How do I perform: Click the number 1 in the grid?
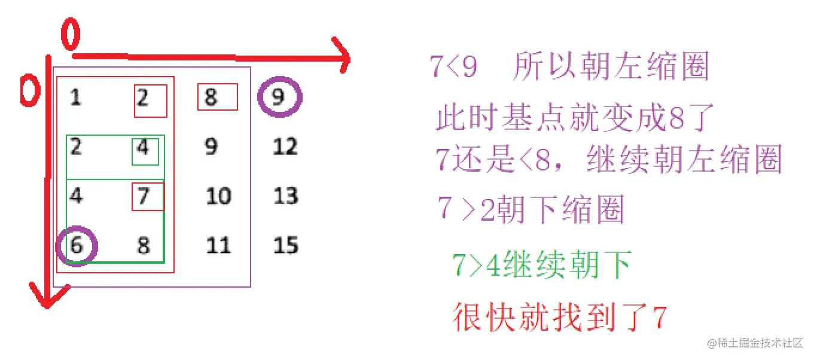click(75, 97)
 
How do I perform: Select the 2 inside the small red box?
click(144, 97)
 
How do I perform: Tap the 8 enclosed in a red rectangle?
click(211, 97)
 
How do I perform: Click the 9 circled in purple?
click(279, 97)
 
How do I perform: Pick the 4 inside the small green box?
click(143, 147)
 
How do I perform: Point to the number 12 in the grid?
click(285, 147)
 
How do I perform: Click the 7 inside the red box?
click(144, 196)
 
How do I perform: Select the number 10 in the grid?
click(218, 196)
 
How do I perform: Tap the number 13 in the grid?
click(285, 196)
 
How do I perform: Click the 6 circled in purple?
click(76, 245)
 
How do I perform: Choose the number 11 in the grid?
click(218, 245)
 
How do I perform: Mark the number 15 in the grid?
click(285, 245)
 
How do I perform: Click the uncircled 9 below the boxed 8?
click(211, 147)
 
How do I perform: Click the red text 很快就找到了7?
click(559, 317)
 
